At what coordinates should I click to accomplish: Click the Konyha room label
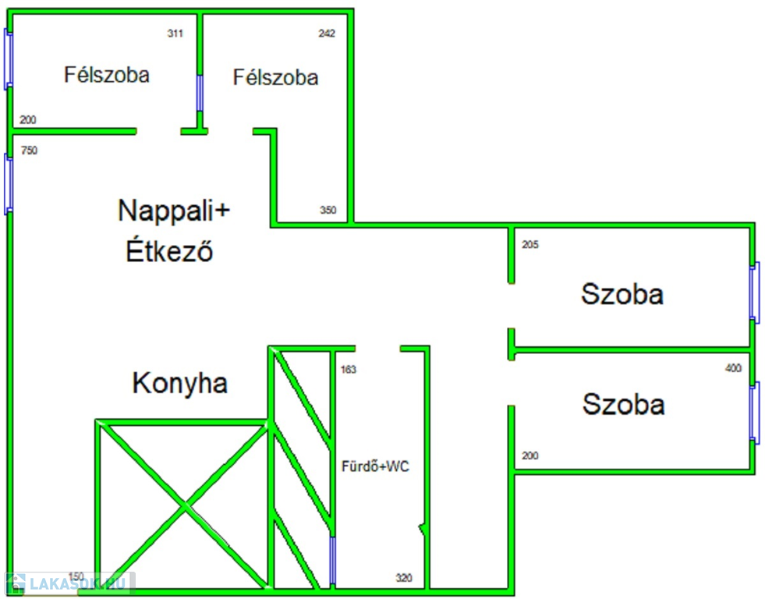[180, 383]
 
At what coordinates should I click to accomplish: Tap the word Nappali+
[175, 211]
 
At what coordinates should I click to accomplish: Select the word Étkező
[169, 252]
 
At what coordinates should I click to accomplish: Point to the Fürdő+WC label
[376, 467]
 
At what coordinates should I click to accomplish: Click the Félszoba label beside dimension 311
[106, 75]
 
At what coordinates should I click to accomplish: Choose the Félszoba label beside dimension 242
[275, 77]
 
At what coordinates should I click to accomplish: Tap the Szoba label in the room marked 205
[622, 294]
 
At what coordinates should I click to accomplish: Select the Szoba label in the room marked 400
[623, 405]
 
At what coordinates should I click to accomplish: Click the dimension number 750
[29, 151]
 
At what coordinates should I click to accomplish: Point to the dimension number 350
[328, 210]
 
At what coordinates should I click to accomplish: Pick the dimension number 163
[349, 370]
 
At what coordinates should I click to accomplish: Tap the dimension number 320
[404, 578]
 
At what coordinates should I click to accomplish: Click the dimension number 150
[76, 576]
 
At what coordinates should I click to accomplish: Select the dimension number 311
[175, 34]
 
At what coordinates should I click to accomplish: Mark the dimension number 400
[733, 368]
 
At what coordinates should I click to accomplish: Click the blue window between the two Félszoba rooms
[200, 93]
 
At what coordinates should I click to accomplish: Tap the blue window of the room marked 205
[754, 292]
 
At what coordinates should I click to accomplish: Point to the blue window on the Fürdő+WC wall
[333, 561]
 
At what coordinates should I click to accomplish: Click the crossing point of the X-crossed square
[184, 507]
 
